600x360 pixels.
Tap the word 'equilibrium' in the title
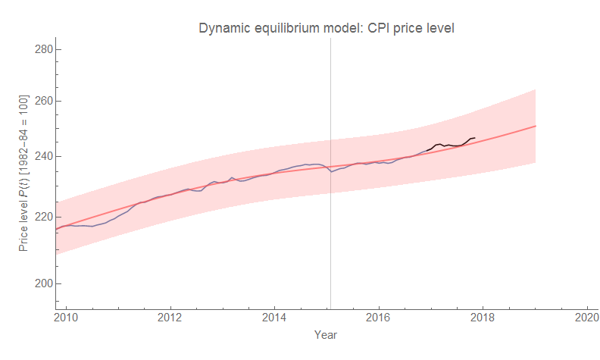pos(287,28)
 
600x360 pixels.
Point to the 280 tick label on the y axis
pos(44,49)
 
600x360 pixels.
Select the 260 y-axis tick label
pos(44,102)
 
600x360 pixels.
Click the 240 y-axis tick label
pos(44,157)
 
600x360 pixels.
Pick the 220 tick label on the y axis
pos(44,217)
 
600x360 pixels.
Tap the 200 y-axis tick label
pos(44,283)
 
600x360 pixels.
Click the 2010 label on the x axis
pos(66,318)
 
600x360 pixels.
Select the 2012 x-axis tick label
pos(170,318)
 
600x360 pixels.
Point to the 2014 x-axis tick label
pos(274,318)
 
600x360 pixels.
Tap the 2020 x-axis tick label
pos(586,318)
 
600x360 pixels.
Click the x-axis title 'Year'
pos(326,334)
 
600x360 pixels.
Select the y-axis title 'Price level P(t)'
pos(23,174)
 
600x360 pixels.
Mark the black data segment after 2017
pos(452,145)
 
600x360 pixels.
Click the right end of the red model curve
pos(535,127)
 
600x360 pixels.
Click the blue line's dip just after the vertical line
pos(332,171)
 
